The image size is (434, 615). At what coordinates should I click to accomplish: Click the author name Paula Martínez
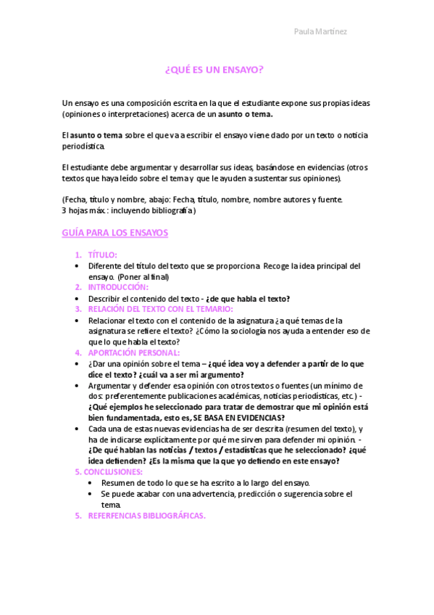320,32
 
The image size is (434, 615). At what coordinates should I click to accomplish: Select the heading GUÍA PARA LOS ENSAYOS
115,233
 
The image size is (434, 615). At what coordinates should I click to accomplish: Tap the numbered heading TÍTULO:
102,255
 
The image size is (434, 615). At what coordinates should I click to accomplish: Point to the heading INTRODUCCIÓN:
118,287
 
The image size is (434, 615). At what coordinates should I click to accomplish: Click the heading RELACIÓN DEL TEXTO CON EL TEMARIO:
155,309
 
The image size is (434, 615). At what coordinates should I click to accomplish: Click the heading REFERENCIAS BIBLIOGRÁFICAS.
146,516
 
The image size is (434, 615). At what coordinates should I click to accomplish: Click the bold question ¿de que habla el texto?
248,298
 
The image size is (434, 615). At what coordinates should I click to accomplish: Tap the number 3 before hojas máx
64,210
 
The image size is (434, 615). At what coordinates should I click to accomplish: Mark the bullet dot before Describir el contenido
78,298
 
